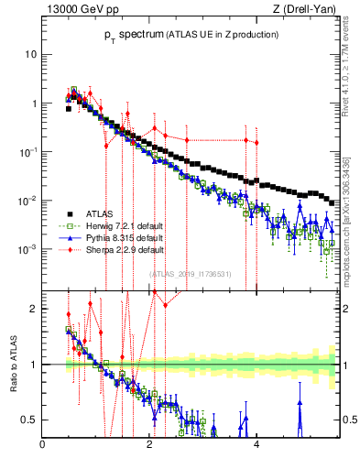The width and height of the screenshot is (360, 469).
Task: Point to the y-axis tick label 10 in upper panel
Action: pyautogui.click(x=29, y=54)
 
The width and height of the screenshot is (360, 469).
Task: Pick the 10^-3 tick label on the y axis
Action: pyautogui.click(x=27, y=249)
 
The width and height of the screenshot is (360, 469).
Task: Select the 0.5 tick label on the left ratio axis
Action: pyautogui.click(x=29, y=420)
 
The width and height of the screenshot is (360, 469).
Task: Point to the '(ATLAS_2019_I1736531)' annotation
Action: pyautogui.click(x=190, y=273)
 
